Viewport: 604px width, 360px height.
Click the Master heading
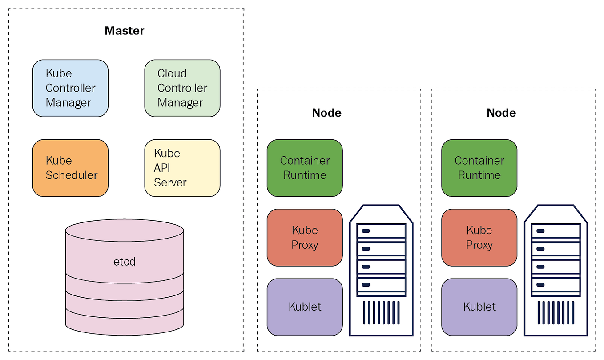click(x=125, y=31)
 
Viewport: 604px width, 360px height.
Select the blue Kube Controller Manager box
click(x=70, y=88)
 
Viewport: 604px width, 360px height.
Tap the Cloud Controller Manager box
click(x=182, y=88)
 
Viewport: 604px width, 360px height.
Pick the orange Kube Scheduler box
click(x=70, y=168)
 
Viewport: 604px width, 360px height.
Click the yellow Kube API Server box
click(x=182, y=168)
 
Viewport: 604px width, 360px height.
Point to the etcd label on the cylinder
click(x=125, y=261)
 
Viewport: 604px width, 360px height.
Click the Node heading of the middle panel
click(x=327, y=113)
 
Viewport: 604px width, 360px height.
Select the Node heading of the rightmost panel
click(x=501, y=113)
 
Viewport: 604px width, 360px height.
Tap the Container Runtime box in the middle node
click(x=305, y=168)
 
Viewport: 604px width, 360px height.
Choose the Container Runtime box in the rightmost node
click(x=479, y=168)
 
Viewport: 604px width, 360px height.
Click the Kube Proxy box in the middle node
click(x=305, y=238)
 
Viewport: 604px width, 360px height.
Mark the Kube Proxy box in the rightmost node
click(x=479, y=238)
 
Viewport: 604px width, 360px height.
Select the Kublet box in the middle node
click(x=305, y=307)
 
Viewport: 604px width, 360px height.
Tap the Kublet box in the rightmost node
click(x=479, y=307)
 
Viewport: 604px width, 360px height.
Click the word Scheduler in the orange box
click(x=72, y=175)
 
